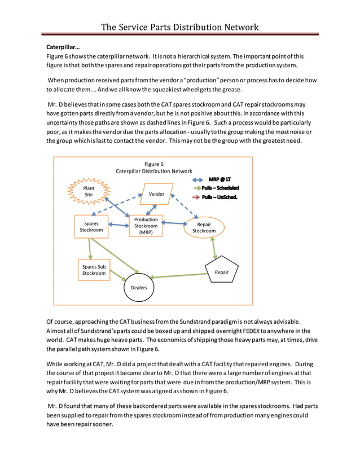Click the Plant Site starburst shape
[x=89, y=191]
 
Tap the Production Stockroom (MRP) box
[x=146, y=226]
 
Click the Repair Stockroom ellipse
[x=204, y=227]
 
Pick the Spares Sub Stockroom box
[x=94, y=270]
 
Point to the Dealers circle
[x=139, y=287]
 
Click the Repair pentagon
[x=222, y=272]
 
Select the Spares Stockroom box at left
[x=91, y=226]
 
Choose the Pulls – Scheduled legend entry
[x=220, y=188]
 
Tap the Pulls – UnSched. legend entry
[x=219, y=197]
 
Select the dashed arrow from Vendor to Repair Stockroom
[x=187, y=206]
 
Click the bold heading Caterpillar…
[x=63, y=47]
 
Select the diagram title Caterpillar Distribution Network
[x=153, y=171]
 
